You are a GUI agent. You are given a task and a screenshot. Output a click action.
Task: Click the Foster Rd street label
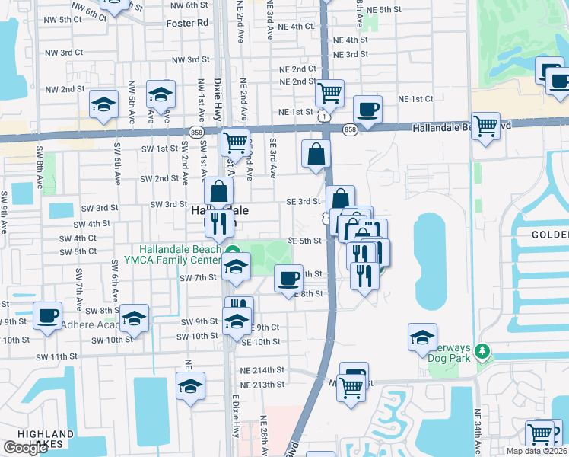(x=187, y=23)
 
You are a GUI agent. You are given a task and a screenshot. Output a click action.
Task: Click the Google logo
(x=25, y=448)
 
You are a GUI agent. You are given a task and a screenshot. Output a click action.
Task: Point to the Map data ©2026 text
(x=536, y=451)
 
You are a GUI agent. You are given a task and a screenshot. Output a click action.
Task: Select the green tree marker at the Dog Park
(x=481, y=351)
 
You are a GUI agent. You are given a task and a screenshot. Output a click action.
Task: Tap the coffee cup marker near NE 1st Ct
(x=367, y=108)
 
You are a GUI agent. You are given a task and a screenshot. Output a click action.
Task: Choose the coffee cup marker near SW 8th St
(x=47, y=315)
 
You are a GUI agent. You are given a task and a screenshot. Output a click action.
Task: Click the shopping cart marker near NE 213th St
(x=351, y=386)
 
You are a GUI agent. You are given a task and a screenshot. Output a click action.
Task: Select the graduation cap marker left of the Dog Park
(x=422, y=337)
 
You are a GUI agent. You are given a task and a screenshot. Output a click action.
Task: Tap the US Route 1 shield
(x=325, y=117)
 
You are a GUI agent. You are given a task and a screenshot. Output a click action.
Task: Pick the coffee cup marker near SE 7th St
(x=288, y=279)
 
